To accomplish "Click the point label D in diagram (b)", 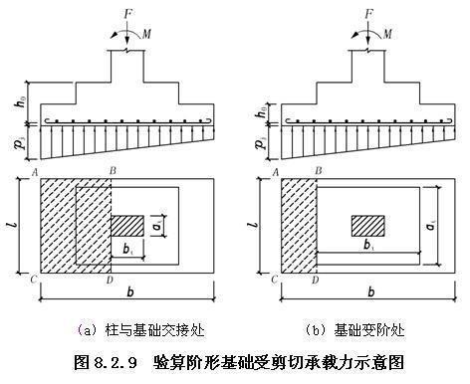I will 316,282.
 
